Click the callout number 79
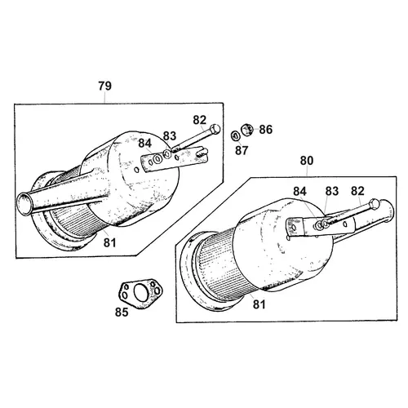click(x=105, y=86)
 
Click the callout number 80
click(x=307, y=161)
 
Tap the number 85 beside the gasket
click(x=122, y=313)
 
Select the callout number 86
click(x=265, y=130)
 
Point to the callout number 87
click(x=242, y=150)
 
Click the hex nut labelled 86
click(x=247, y=129)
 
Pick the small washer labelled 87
click(x=235, y=135)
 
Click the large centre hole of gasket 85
click(x=141, y=292)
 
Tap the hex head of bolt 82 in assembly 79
click(x=215, y=129)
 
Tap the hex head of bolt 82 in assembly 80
click(x=375, y=204)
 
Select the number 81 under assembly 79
click(x=109, y=242)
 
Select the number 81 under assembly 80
click(x=259, y=304)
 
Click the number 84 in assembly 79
click(x=145, y=144)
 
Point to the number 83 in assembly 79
click(x=170, y=135)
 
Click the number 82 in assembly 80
click(x=357, y=191)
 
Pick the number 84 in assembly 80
click(x=299, y=192)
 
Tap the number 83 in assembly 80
click(x=332, y=192)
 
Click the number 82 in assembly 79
click(x=200, y=120)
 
